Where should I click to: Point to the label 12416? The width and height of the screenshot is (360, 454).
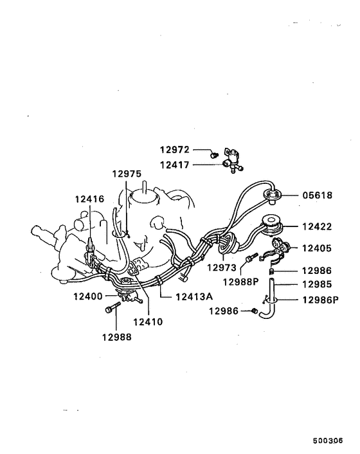click(89, 199)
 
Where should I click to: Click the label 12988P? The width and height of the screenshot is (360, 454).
click(241, 281)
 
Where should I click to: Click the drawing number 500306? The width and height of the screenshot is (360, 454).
click(328, 442)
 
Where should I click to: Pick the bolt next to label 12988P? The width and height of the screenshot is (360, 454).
click(251, 259)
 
